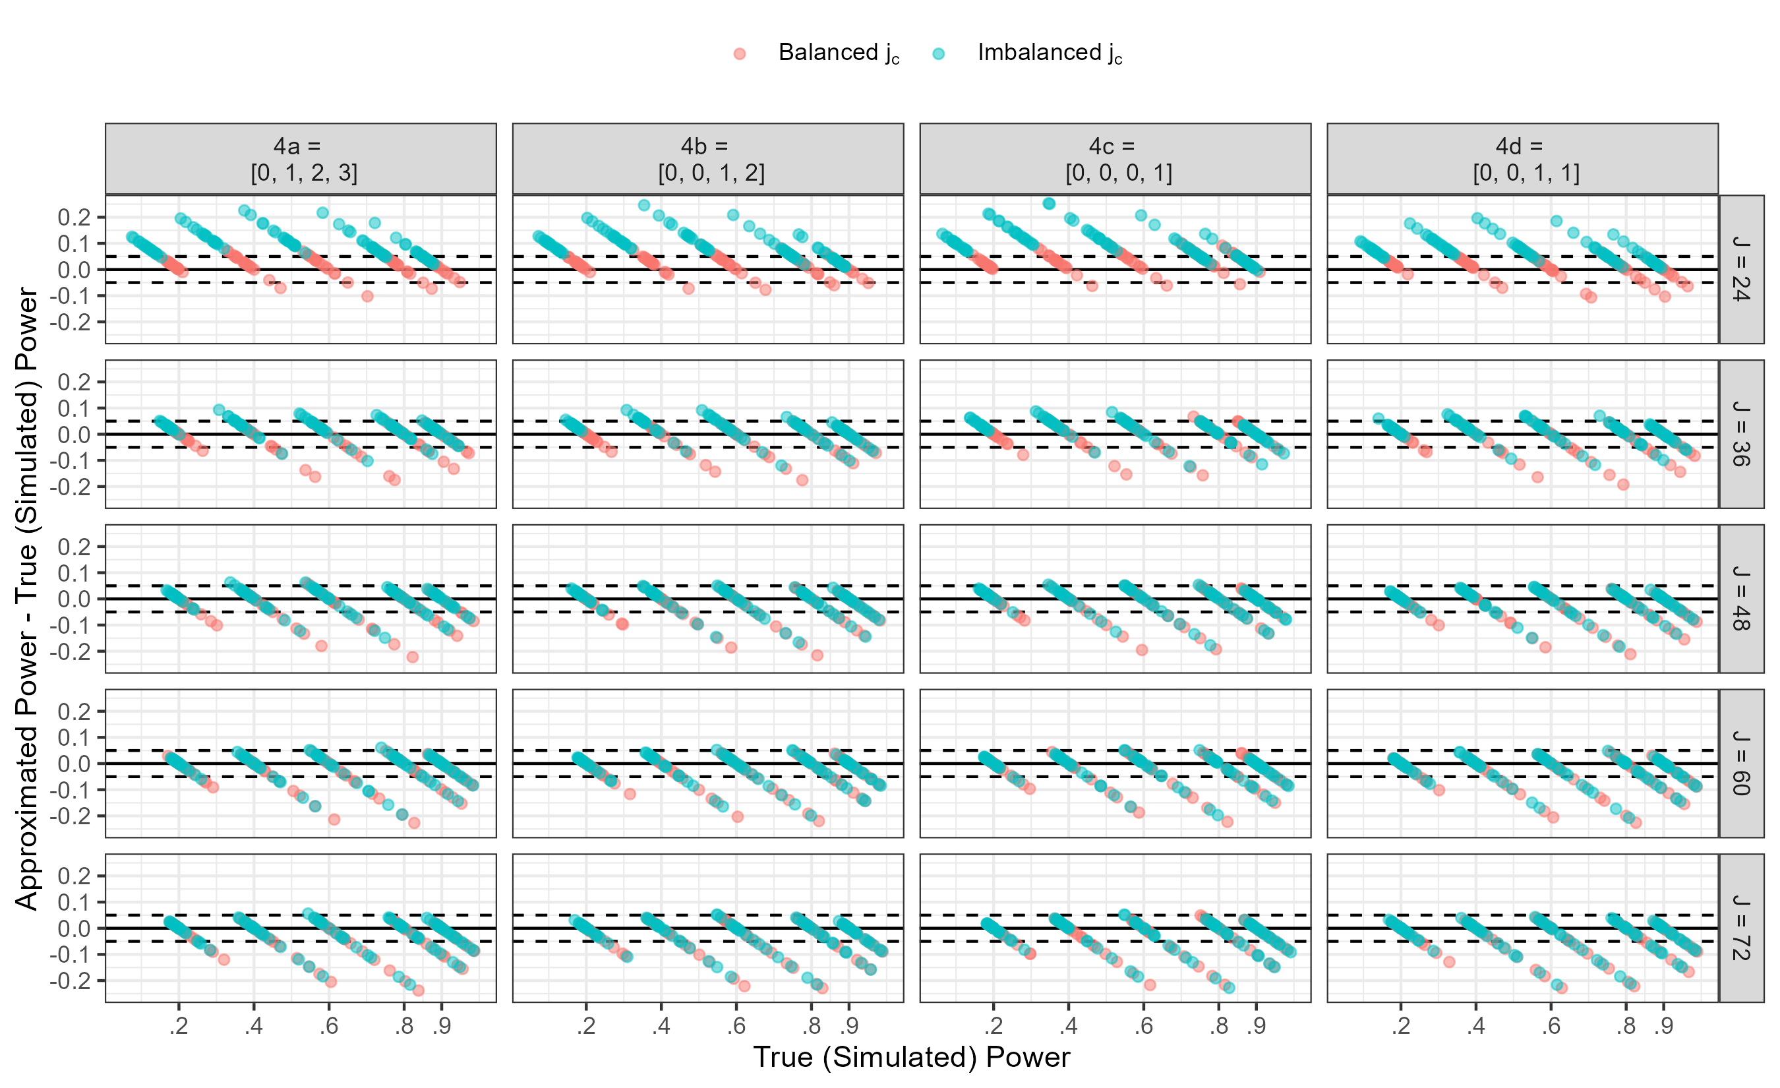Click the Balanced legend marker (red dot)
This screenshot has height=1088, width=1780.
click(739, 53)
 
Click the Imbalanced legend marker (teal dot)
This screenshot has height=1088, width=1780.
click(938, 53)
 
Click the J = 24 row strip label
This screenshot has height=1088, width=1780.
click(1742, 269)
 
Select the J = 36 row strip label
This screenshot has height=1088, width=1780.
click(1742, 433)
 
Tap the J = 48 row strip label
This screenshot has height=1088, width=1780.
click(1742, 598)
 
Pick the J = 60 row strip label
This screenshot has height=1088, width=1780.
click(1742, 763)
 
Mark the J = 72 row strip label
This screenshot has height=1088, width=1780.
click(1742, 928)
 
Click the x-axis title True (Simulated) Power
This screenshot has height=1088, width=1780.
click(912, 1057)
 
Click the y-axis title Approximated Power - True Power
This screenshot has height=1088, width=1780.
click(27, 598)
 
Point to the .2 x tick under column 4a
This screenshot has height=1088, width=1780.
click(179, 1025)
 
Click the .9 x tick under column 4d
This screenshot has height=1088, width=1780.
click(1664, 1025)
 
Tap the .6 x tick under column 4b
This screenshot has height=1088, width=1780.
click(736, 1025)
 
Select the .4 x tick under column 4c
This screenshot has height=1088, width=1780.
click(1069, 1025)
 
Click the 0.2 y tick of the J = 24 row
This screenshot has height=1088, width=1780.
click(74, 218)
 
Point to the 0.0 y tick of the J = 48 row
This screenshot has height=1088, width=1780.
click(74, 599)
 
